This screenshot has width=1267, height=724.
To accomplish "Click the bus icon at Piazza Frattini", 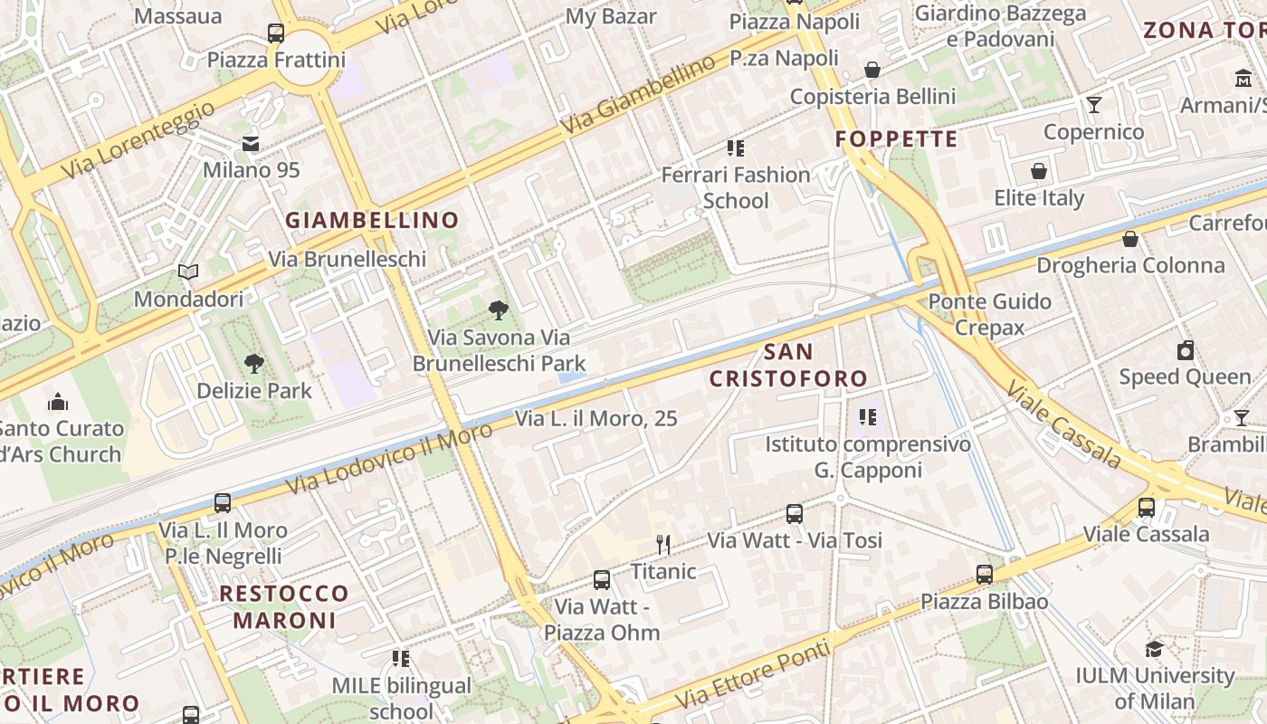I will [276, 33].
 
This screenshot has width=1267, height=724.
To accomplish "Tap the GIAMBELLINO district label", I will [372, 220].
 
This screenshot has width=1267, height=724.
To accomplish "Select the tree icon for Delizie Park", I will [254, 364].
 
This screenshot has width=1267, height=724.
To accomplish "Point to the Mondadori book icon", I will [188, 271].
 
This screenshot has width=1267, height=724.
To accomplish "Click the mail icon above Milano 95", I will [251, 144].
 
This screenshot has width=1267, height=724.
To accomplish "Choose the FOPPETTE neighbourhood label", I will [896, 138].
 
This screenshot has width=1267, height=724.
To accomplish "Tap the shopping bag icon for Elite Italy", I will [1039, 171].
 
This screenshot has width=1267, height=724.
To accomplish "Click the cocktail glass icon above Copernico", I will [1094, 105].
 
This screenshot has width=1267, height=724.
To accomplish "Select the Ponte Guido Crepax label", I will [990, 314].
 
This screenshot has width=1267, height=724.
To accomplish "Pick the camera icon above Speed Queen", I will [1186, 350].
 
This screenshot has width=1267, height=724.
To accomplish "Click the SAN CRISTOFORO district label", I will [788, 365].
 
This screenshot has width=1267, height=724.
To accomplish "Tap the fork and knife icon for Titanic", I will [663, 544].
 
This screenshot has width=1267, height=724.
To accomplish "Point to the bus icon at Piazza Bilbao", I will [985, 574].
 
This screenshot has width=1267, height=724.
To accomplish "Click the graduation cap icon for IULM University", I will [1154, 649].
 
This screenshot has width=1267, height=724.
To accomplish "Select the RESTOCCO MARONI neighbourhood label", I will [285, 607].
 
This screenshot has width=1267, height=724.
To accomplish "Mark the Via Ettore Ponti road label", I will [753, 674].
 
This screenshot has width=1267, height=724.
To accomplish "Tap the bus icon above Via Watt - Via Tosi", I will [795, 514].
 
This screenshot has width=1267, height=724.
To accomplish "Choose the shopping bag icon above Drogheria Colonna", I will [1130, 239].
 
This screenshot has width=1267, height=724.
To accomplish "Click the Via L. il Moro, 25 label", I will [596, 419].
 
